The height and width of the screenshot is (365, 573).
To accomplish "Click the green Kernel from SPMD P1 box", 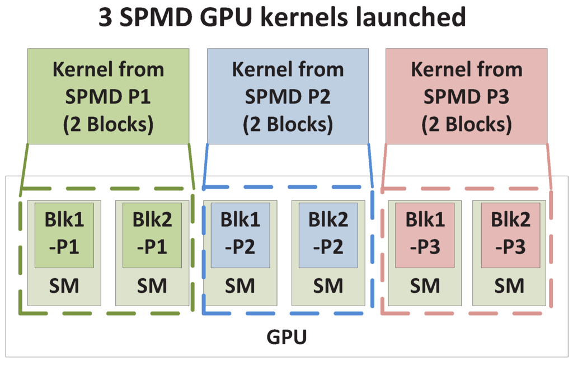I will [x=108, y=96].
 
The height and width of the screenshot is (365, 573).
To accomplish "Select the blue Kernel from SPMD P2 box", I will [x=288, y=96].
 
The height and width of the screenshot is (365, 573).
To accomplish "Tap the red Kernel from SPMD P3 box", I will [x=467, y=96].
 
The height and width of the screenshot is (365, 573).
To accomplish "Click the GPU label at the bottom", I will [x=286, y=338].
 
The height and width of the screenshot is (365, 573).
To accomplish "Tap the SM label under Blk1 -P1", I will [x=64, y=286].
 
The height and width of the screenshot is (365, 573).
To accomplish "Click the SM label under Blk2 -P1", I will [x=152, y=286].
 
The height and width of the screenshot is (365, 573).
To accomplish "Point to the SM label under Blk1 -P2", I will [x=240, y=286].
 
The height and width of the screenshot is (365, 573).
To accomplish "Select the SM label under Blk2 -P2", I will [x=327, y=286].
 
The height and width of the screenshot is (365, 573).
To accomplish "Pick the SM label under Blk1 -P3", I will [x=422, y=286].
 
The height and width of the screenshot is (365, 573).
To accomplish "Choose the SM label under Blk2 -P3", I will [x=510, y=286].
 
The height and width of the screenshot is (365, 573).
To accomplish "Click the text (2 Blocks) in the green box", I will [x=108, y=124].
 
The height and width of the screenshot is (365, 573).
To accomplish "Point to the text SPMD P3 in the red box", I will [x=467, y=97].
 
